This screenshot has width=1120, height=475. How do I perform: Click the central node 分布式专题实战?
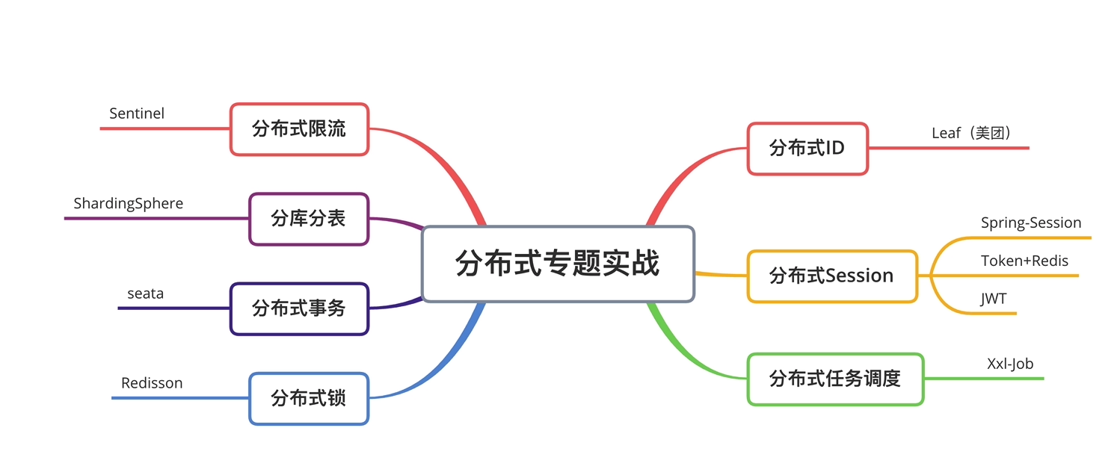coord(558,264)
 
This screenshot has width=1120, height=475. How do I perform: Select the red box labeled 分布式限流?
coord(299,128)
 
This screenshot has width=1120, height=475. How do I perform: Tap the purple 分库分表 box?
coord(308,219)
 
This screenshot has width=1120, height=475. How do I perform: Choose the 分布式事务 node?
coord(299,308)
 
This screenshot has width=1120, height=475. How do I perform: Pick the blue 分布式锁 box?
coord(308,398)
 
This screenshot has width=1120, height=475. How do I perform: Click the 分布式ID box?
coord(807,148)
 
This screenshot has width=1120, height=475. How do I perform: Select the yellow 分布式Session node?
coord(831,276)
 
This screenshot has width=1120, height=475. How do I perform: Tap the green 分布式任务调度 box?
coord(834,379)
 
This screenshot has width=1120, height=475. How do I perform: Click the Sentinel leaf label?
coord(137,114)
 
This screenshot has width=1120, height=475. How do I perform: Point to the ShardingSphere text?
coord(128,203)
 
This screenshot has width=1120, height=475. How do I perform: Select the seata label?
coord(145,294)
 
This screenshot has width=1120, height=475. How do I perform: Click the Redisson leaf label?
coord(152,383)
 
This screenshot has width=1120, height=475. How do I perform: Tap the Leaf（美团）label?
coord(971,133)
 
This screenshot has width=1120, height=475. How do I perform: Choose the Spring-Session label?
coord(1031,223)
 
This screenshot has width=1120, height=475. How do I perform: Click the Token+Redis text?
coord(1024,261)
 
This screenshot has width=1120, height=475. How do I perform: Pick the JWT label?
coord(994,299)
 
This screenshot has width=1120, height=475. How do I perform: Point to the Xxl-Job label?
coord(1010,364)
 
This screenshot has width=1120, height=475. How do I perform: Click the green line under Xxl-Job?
coord(994,379)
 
